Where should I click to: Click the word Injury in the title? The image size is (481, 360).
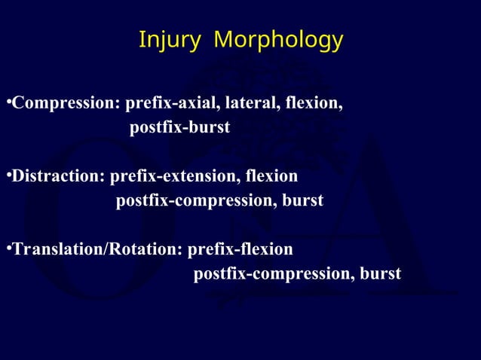pyautogui.click(x=170, y=39)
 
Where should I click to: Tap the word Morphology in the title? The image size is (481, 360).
pyautogui.click(x=278, y=41)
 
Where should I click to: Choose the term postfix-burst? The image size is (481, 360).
pyautogui.click(x=179, y=128)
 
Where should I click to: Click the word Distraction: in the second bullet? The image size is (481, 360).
pyautogui.click(x=57, y=177)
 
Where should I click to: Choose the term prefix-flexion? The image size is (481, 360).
pyautogui.click(x=240, y=249)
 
